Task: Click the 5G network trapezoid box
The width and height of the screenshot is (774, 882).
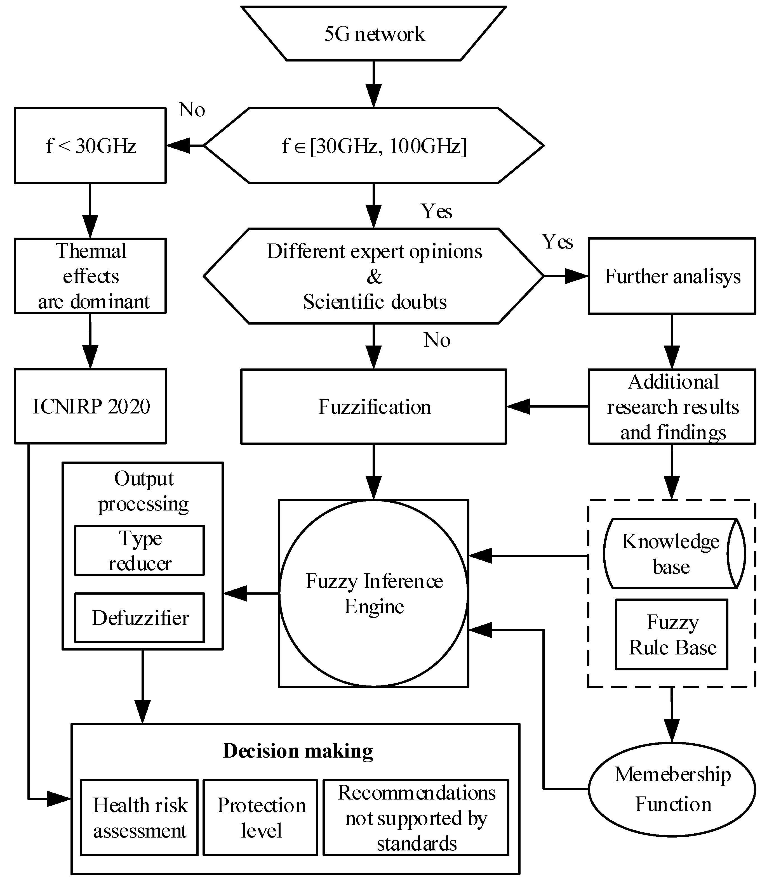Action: (x=373, y=33)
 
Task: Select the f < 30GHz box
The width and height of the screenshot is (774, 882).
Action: (x=90, y=145)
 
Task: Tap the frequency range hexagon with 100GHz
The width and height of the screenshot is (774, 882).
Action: (x=373, y=145)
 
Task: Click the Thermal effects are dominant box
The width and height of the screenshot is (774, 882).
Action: (x=90, y=276)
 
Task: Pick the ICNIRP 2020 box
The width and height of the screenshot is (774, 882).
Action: (x=90, y=406)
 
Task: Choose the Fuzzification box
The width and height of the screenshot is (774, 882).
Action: (x=373, y=406)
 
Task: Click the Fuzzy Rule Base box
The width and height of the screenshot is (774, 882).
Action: (x=672, y=634)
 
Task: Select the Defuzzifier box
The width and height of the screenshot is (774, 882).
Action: (x=139, y=618)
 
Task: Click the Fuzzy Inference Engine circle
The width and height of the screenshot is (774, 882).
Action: (x=373, y=593)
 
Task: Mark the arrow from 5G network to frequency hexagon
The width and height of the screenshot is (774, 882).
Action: (x=373, y=84)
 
